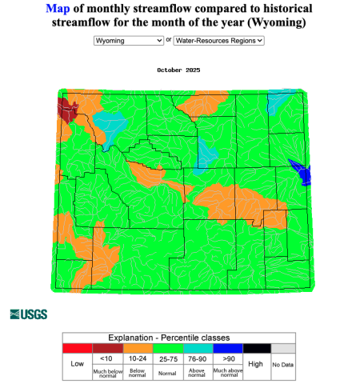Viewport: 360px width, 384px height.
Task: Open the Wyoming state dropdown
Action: tap(128, 39)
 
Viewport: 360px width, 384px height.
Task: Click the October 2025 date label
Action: tap(179, 70)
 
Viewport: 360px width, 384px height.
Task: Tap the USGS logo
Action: tap(28, 314)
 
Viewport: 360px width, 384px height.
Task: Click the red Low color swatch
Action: tap(78, 348)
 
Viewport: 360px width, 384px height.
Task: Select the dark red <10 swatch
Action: tap(107, 348)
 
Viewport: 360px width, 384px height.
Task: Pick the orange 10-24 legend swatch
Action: tap(137, 348)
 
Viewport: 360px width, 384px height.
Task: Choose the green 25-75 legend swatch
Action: tap(166, 348)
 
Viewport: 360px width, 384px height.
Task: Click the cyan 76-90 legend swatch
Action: tap(196, 348)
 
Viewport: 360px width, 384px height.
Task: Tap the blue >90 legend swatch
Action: tap(226, 348)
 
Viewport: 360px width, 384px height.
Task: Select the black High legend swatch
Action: tap(256, 348)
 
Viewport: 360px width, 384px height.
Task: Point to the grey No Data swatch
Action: tap(283, 348)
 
